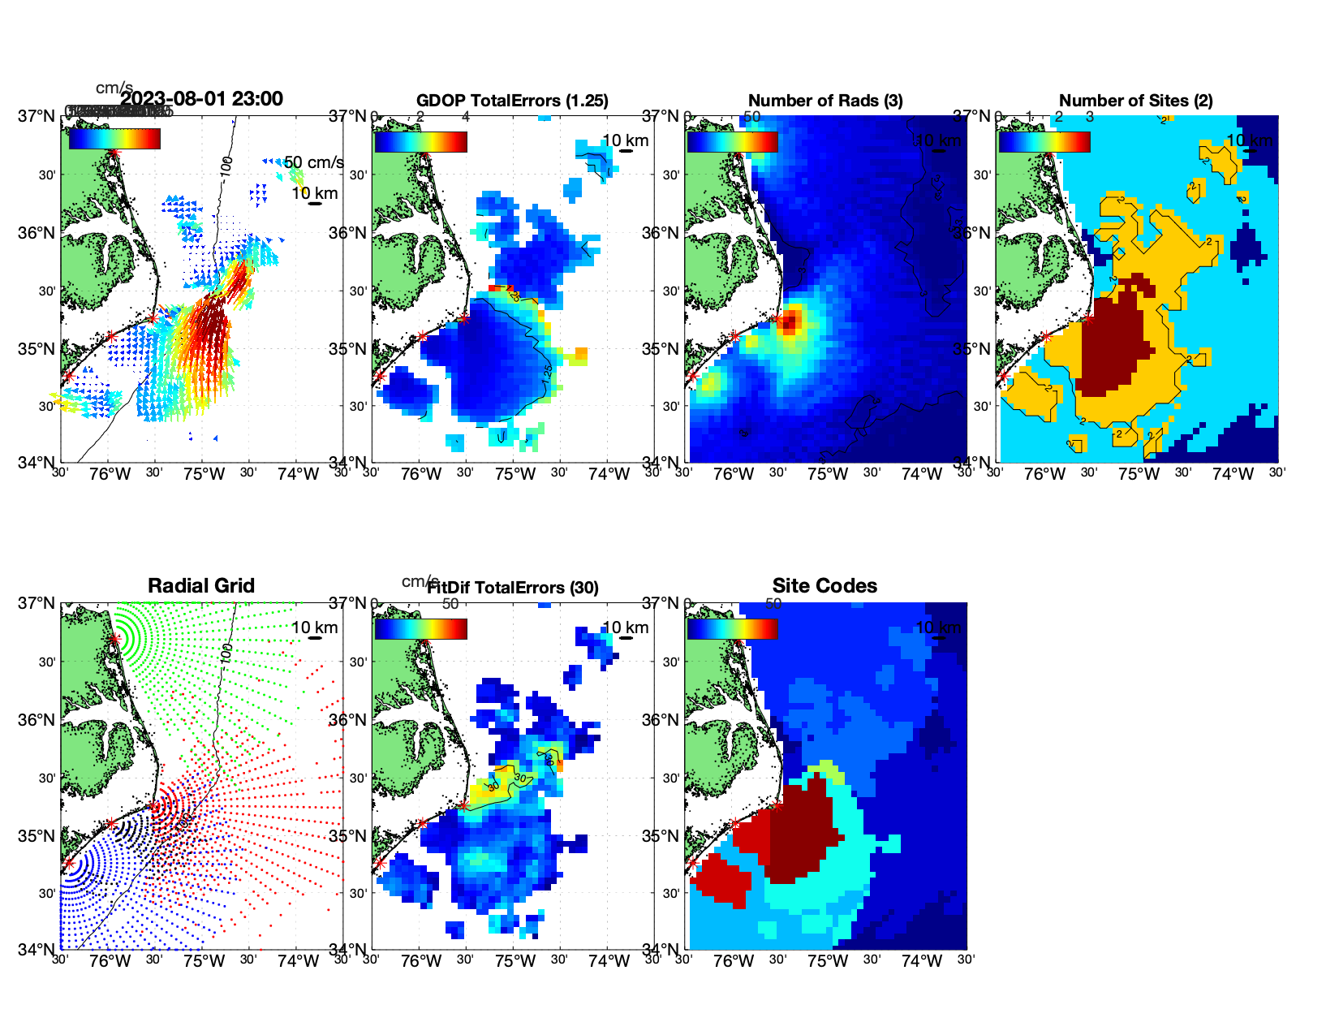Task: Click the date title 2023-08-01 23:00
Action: click(x=201, y=99)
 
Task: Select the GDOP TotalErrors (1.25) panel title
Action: click(x=512, y=101)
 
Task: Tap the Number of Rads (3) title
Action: click(x=825, y=101)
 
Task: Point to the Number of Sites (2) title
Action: click(x=1136, y=101)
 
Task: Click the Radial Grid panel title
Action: click(x=201, y=586)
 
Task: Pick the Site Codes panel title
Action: click(x=824, y=586)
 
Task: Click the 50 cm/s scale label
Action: click(x=314, y=162)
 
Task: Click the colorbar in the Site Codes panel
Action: click(x=732, y=629)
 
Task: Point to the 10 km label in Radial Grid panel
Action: click(x=314, y=627)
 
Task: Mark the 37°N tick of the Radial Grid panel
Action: click(x=37, y=603)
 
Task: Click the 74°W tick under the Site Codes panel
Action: click(x=922, y=961)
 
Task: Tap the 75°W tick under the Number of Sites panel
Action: click(x=1139, y=474)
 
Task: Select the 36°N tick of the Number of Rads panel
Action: click(x=661, y=233)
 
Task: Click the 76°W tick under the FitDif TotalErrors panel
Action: click(x=421, y=961)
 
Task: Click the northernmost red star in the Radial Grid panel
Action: click(x=114, y=640)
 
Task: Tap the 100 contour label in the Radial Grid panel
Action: click(x=226, y=652)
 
